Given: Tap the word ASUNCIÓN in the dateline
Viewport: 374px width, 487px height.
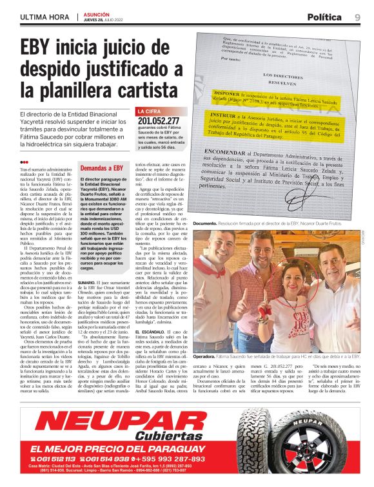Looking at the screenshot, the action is coord(97,14).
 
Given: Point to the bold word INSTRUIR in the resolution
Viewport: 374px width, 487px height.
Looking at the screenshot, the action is coord(226,114).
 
